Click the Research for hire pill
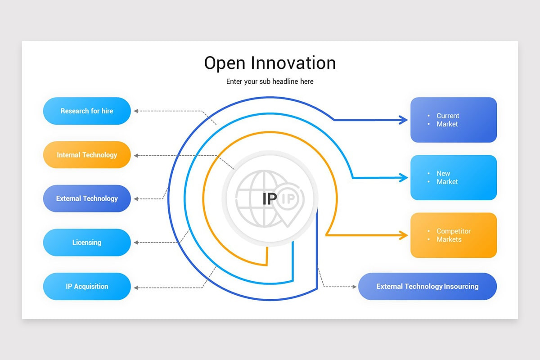[87, 111]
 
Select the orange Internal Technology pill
[87, 155]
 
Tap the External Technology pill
[87, 198]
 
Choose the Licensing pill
[87, 243]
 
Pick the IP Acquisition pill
[87, 287]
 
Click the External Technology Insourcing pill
[427, 287]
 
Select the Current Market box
[454, 120]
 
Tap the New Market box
[454, 177]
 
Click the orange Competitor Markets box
[454, 235]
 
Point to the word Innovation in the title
[293, 63]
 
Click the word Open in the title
[225, 63]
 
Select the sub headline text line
[270, 81]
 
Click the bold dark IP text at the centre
[270, 199]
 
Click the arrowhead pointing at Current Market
[403, 120]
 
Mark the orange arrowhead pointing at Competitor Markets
[403, 235]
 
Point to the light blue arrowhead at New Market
[403, 178]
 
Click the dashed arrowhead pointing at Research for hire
[136, 111]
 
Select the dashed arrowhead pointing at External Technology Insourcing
[355, 287]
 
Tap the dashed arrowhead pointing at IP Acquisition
[136, 288]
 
